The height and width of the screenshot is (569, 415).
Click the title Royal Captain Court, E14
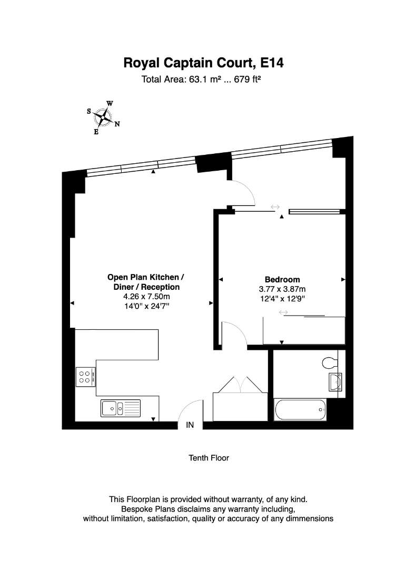[x=203, y=63]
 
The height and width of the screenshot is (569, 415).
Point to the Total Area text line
[x=201, y=80]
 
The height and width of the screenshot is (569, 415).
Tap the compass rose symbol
[x=104, y=117]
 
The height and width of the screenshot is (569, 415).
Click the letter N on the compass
[x=117, y=124]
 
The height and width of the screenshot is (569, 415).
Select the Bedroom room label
[x=282, y=279]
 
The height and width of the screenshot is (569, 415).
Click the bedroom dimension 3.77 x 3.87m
[x=282, y=289]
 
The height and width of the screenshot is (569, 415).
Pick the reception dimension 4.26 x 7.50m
[x=146, y=297]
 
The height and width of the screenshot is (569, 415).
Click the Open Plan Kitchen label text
[x=145, y=277]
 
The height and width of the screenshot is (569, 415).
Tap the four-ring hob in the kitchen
[x=86, y=377]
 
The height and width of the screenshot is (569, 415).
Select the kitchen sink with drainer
[x=121, y=408]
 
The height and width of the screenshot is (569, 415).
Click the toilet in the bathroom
[x=330, y=362]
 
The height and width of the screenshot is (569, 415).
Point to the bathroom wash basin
[x=335, y=382]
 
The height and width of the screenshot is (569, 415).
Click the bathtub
[x=300, y=410]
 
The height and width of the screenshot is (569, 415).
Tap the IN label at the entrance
[x=190, y=425]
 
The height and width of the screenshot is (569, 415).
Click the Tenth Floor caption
[x=209, y=458]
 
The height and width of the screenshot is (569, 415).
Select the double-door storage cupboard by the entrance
[x=240, y=399]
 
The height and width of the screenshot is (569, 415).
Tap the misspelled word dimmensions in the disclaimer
[x=309, y=518]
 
